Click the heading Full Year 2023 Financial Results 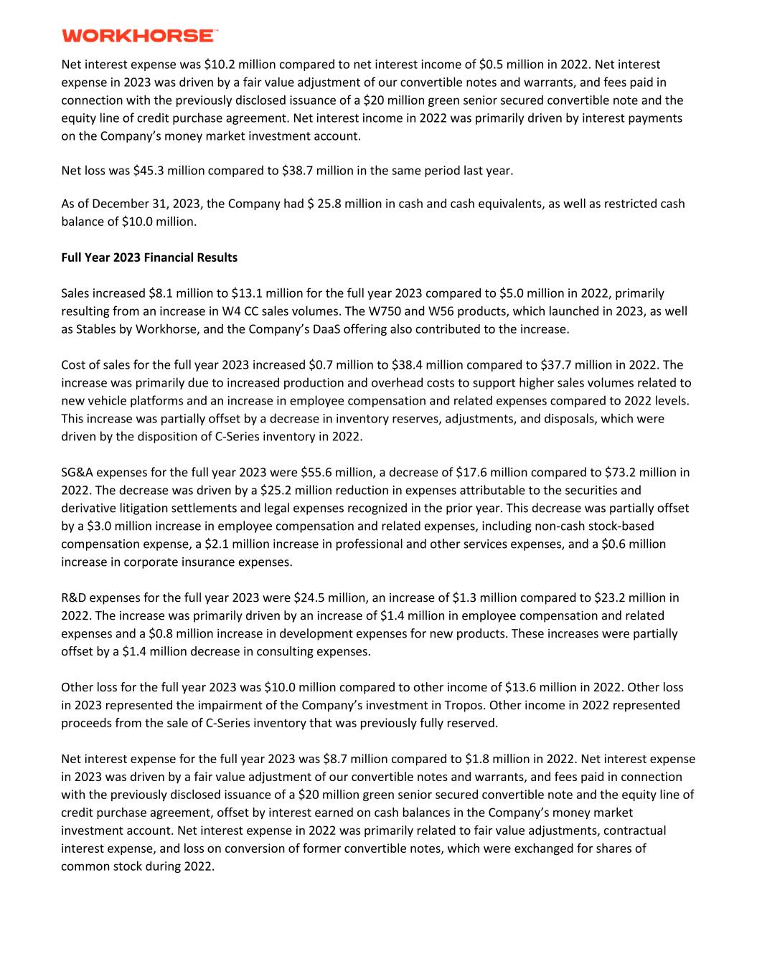tap(149, 257)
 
